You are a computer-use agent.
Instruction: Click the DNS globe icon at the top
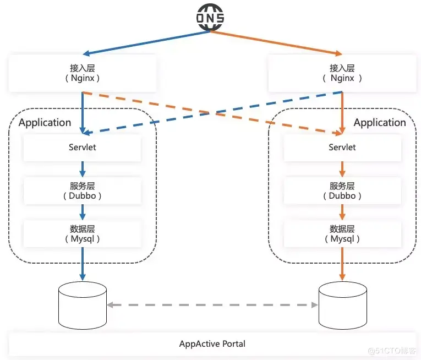[210, 18]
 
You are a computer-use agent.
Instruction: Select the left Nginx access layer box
[83, 73]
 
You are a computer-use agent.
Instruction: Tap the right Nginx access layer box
[342, 73]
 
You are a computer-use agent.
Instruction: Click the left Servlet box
[83, 148]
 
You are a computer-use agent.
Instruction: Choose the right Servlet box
[342, 148]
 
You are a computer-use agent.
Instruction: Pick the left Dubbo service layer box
[83, 191]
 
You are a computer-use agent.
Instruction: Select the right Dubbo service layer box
[342, 191]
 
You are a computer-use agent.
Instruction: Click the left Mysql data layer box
[83, 234]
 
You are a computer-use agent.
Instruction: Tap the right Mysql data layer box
[342, 234]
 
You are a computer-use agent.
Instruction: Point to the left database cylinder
[83, 306]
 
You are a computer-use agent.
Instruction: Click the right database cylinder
[343, 306]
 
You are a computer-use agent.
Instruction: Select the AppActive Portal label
[212, 344]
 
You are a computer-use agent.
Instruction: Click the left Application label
[45, 123]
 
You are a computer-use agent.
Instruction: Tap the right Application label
[380, 123]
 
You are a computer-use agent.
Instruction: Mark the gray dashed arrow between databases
[212, 305]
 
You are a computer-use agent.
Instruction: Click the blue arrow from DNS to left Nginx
[146, 43]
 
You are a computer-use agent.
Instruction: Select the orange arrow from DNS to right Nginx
[276, 43]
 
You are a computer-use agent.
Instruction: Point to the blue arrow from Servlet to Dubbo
[83, 169]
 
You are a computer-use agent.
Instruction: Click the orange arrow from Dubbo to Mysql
[342, 212]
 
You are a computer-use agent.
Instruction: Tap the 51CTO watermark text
[391, 351]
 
